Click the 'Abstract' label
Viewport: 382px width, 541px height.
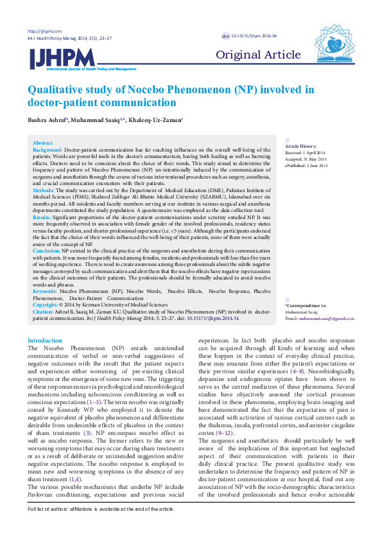coord(42,143)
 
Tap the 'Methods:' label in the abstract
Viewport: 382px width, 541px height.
coord(44,191)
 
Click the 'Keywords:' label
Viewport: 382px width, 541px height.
coord(44,291)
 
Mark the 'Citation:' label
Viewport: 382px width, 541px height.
coord(43,310)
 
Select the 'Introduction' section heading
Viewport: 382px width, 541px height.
coord(45,341)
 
